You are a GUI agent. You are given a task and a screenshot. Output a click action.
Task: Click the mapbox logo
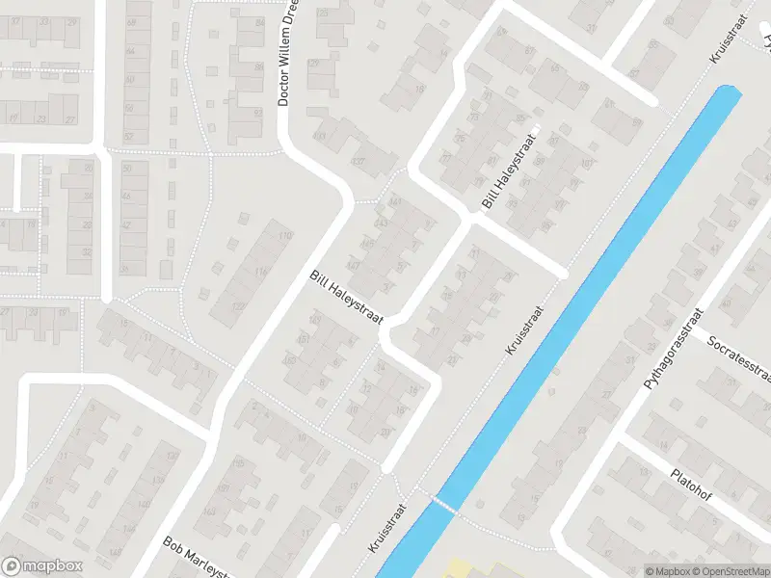pos(40,565)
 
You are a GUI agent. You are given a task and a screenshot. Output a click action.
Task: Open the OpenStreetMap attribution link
pos(729,571)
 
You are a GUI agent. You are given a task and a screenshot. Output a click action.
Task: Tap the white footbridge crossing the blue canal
pos(442,503)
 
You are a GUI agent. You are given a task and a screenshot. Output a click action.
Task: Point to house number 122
pos(237,306)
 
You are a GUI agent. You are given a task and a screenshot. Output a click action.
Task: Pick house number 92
pos(258,112)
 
